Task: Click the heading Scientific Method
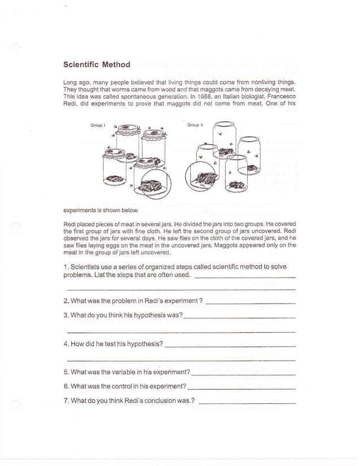(x=96, y=65)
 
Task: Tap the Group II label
(x=195, y=125)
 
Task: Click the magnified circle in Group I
(x=156, y=184)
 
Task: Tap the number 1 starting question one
(x=65, y=266)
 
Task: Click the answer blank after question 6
(x=241, y=389)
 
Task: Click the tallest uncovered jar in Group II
(x=221, y=141)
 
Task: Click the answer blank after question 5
(x=243, y=375)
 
